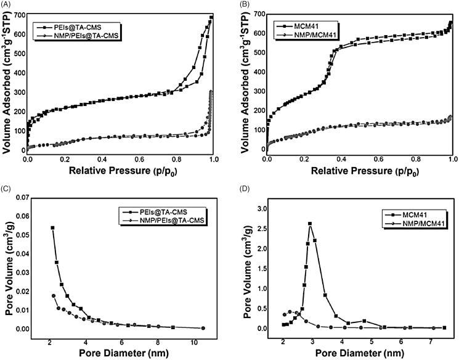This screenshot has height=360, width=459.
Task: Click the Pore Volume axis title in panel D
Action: coord(249,270)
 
